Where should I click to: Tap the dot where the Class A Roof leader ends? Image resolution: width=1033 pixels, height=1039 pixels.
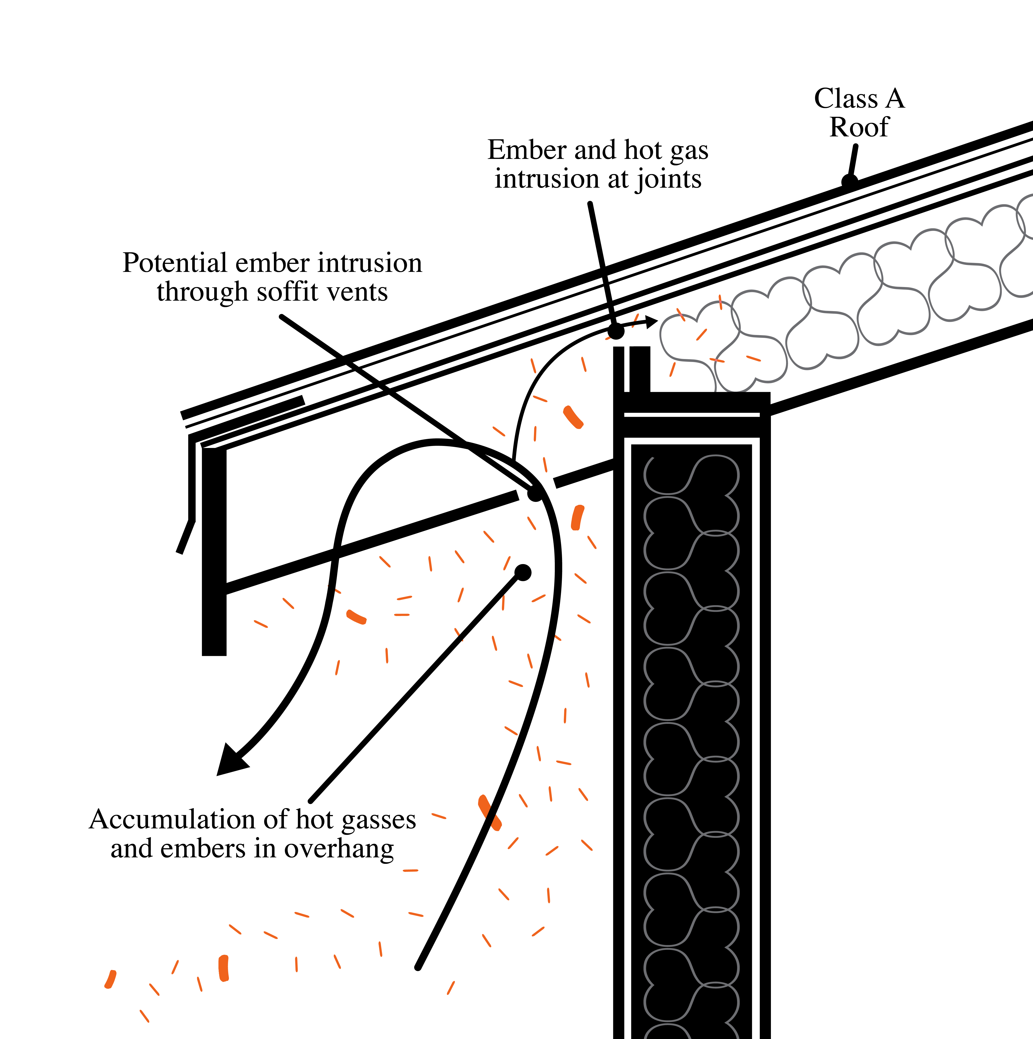849,181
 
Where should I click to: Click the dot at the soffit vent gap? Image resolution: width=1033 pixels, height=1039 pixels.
535,493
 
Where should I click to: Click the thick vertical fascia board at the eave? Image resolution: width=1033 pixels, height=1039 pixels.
214,551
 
